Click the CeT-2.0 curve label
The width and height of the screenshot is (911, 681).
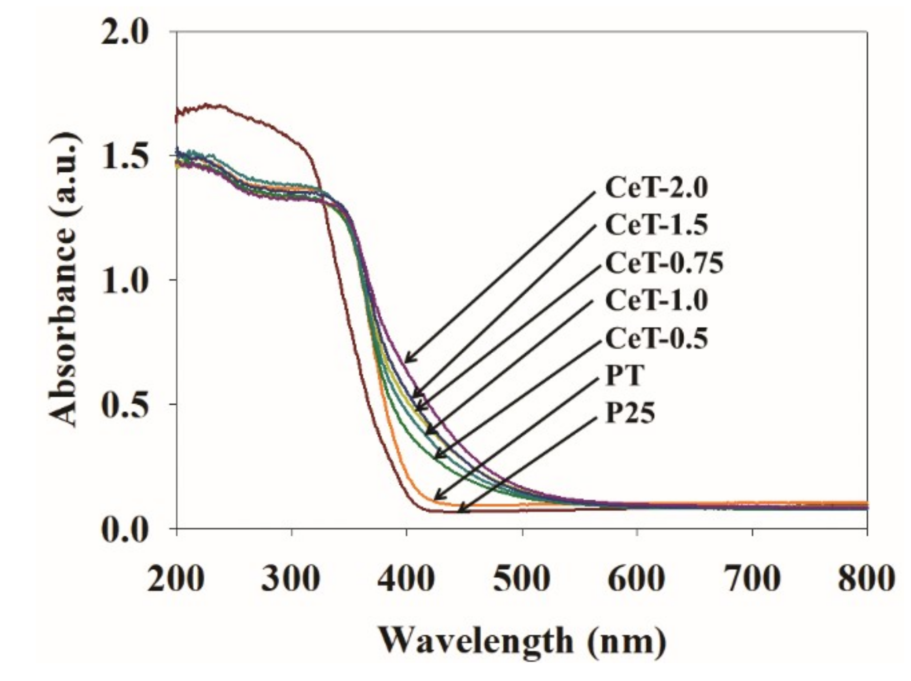click(656, 188)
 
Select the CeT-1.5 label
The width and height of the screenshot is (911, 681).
click(656, 226)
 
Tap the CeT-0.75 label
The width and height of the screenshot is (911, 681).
click(664, 263)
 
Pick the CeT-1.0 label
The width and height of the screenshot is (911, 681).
click(656, 301)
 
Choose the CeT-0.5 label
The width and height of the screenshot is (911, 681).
click(656, 339)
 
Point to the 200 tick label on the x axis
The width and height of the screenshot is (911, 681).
click(176, 579)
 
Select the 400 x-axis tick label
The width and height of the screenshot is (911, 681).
click(406, 579)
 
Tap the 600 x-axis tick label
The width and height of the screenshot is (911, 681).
click(637, 579)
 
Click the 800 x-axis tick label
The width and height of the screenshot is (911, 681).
click(866, 579)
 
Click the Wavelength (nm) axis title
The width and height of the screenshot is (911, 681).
click(522, 641)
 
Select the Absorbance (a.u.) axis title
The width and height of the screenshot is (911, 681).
click(64, 280)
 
